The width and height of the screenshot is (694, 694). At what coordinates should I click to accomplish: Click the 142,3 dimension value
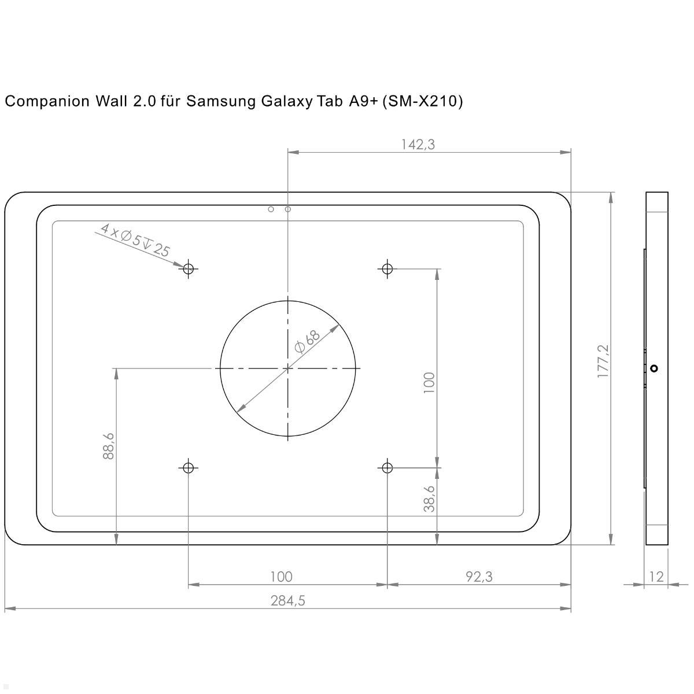[418, 145]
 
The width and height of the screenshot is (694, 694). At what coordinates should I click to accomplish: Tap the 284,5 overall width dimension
[287, 601]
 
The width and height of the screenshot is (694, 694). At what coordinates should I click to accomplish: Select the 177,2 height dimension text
[603, 361]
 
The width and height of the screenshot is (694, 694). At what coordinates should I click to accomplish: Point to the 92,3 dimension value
[479, 577]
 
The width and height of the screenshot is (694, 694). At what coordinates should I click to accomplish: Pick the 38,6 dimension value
[429, 499]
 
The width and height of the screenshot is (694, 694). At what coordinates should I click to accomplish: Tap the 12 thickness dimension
[656, 577]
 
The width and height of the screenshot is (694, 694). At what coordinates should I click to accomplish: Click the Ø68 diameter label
[307, 342]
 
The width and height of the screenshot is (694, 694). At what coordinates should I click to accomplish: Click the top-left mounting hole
[188, 268]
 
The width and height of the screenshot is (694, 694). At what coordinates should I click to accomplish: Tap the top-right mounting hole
[387, 268]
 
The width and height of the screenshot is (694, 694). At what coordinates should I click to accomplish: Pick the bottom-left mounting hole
[188, 467]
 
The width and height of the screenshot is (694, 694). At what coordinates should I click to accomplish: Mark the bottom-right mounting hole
[387, 467]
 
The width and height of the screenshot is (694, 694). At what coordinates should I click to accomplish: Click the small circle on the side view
[654, 368]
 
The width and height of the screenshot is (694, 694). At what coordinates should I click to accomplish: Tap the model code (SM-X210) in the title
[423, 102]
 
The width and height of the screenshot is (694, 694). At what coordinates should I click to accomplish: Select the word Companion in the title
[44, 102]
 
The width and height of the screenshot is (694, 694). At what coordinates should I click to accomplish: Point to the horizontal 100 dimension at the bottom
[281, 577]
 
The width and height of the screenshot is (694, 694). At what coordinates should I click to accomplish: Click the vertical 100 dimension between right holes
[429, 383]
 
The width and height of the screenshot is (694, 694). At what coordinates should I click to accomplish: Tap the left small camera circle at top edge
[271, 209]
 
